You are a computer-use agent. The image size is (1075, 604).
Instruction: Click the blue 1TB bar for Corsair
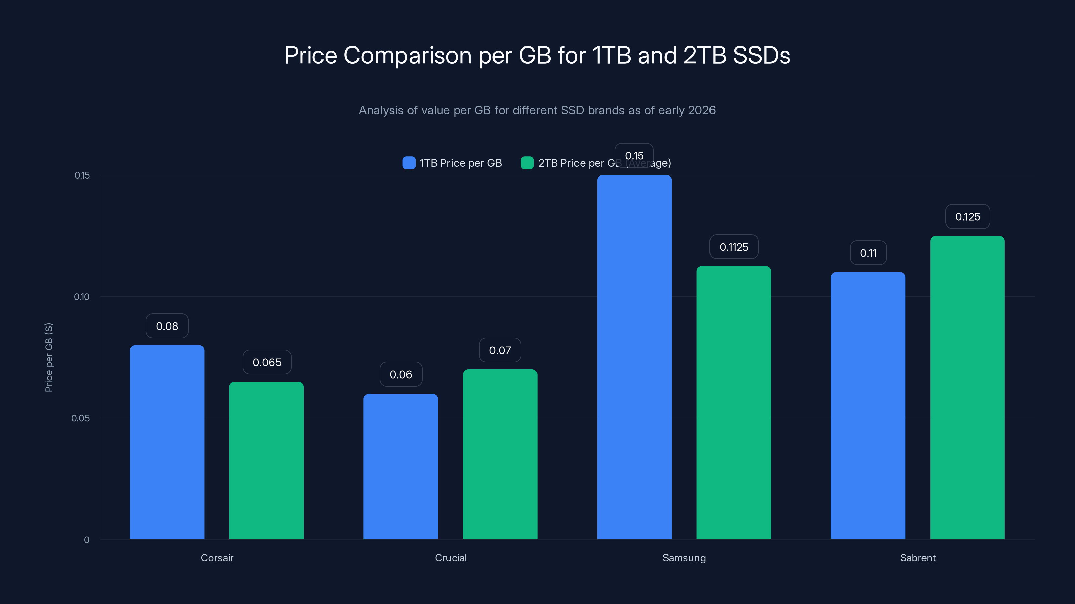point(167,442)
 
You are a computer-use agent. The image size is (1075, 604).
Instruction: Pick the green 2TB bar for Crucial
point(500,454)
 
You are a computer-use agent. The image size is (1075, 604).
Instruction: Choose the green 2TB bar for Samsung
point(734,402)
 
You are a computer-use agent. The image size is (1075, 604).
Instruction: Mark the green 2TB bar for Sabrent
point(967,387)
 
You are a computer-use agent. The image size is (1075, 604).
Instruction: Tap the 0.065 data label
point(267,362)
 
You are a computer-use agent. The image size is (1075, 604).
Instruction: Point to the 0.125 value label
point(967,217)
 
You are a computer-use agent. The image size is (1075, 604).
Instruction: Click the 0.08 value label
point(167,326)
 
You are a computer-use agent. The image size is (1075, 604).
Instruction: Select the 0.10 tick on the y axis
point(82,297)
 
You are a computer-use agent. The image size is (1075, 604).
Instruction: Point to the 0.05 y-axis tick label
point(81,418)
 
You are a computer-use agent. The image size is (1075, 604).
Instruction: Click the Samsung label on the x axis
point(684,558)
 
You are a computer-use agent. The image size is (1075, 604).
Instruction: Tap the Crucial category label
point(451,558)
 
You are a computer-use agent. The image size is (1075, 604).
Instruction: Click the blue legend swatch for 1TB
point(409,163)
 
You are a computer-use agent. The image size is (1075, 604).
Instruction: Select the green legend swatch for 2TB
point(527,163)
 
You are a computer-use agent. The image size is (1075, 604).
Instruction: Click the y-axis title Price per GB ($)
point(49,357)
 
